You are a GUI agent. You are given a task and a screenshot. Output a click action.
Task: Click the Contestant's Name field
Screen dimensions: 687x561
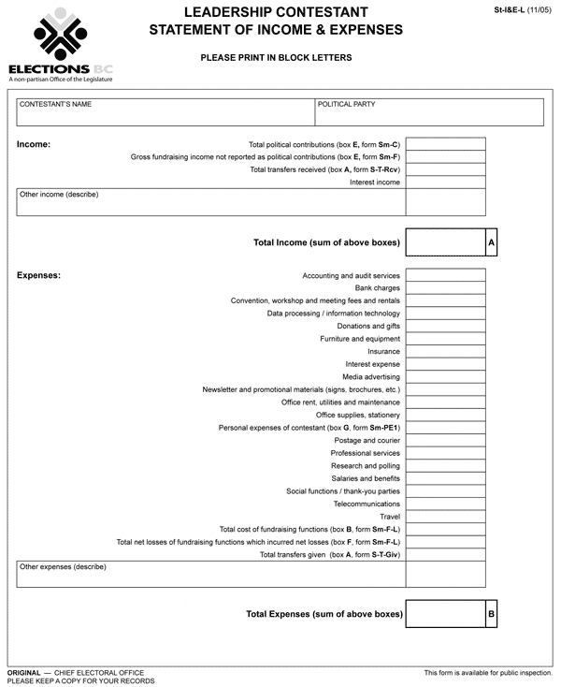tap(165, 111)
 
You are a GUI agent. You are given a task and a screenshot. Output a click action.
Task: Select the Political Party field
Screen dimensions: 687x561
tap(429, 111)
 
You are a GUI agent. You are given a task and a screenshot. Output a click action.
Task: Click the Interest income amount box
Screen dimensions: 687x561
tap(445, 183)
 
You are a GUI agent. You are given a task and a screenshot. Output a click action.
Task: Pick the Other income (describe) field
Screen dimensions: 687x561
tap(210, 202)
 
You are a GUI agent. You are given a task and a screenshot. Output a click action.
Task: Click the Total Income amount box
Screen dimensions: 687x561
tap(445, 242)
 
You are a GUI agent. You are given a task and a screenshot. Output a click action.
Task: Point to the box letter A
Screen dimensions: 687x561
tap(491, 242)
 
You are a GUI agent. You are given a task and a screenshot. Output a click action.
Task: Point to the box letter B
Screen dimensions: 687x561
tap(491, 615)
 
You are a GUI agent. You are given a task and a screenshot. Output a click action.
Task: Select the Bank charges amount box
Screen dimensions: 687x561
tap(445, 288)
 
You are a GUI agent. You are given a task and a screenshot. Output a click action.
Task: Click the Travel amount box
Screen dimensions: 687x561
tap(445, 517)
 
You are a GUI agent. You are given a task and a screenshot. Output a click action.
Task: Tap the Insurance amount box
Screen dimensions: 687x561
tap(445, 352)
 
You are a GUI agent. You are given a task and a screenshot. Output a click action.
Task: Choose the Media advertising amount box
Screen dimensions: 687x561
tap(445, 377)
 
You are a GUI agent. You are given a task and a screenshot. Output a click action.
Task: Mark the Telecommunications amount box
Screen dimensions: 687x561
tap(445, 504)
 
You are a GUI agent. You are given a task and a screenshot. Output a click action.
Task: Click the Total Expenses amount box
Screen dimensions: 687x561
tap(445, 615)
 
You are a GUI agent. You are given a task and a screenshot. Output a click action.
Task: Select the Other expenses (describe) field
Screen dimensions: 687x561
tap(210, 574)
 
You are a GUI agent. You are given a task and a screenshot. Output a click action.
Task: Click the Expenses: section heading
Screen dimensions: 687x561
tap(39, 275)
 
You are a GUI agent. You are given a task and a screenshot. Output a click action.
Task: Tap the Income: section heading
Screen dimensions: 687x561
tap(34, 145)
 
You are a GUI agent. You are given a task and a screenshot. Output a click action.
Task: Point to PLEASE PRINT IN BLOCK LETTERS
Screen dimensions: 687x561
tap(276, 58)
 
